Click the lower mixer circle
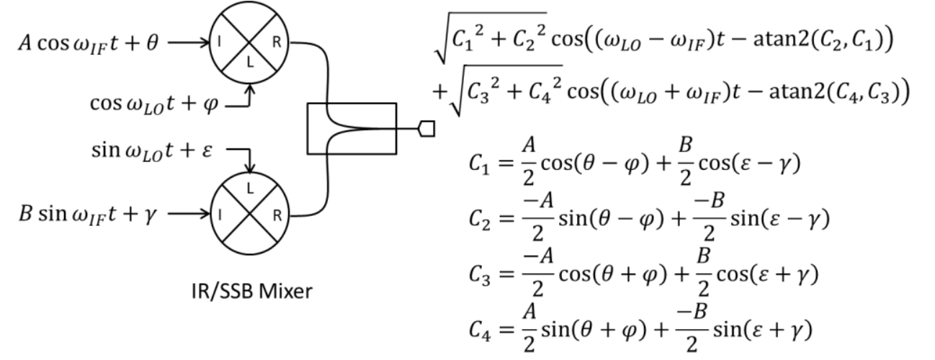click(249, 214)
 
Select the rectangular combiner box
click(351, 129)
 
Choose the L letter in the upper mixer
click(249, 69)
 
